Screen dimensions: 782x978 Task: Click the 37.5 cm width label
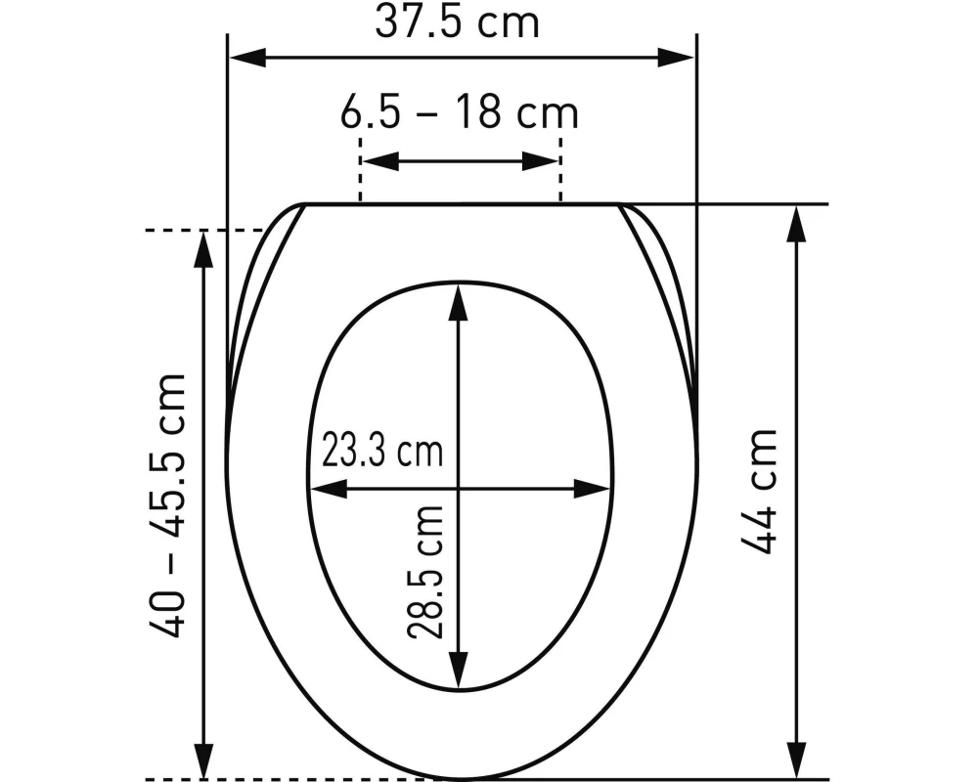457,22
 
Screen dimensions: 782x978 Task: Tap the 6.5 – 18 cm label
460,113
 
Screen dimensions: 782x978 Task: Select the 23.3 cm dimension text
382,452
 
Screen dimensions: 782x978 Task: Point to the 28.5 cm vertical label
426,572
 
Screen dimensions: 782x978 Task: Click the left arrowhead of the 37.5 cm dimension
244,57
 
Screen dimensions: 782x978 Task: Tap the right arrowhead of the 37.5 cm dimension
678,57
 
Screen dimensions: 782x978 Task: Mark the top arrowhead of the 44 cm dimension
798,224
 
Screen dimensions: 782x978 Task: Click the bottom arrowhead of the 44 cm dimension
798,760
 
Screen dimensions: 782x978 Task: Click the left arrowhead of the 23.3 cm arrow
326,488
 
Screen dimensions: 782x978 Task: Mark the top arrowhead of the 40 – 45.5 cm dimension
203,249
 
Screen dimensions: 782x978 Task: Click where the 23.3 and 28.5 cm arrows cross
457,488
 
